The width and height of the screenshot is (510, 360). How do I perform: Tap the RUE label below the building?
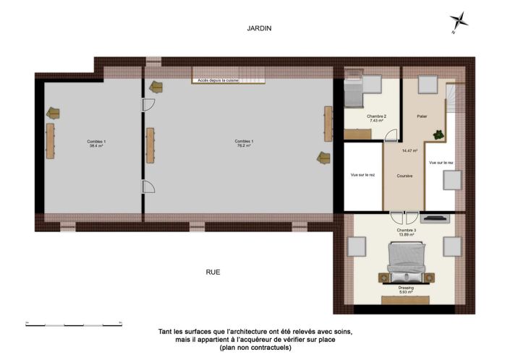pyautogui.click(x=213, y=273)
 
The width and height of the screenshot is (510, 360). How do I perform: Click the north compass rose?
pyautogui.click(x=458, y=22)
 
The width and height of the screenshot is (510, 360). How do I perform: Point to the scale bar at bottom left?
pyautogui.click(x=73, y=322)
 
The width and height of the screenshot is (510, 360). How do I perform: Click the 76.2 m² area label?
pyautogui.click(x=242, y=146)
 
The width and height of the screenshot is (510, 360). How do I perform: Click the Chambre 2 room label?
pyautogui.click(x=376, y=116)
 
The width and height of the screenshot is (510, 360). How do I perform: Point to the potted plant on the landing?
pyautogui.click(x=438, y=133)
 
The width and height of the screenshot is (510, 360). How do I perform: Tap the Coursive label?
pyautogui.click(x=404, y=176)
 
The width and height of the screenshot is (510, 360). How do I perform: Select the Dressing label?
pyautogui.click(x=407, y=288)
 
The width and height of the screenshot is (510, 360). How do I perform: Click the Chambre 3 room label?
pyautogui.click(x=406, y=231)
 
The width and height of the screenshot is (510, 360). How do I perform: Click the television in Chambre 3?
pyautogui.click(x=436, y=217)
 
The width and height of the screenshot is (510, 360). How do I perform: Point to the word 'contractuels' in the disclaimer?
pyautogui.click(x=267, y=348)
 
